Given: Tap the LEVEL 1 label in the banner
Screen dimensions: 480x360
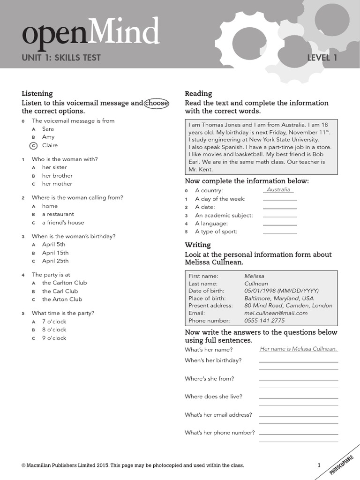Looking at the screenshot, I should [x=322, y=58].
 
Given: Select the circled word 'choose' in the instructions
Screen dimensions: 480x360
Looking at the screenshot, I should [x=157, y=103].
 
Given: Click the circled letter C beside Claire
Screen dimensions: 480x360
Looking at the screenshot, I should [x=33, y=146].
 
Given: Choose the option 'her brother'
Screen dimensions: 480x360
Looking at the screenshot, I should [x=57, y=176].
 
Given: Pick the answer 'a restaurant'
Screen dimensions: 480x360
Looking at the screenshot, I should [x=58, y=214].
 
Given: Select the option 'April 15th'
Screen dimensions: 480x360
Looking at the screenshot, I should [x=55, y=253].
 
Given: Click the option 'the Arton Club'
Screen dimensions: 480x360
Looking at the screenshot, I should [x=62, y=299].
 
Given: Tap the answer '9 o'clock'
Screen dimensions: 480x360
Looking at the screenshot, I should [x=54, y=338].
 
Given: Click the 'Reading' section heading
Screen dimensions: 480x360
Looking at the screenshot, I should [x=198, y=93].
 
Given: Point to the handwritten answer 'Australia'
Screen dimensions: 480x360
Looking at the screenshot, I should [x=278, y=190].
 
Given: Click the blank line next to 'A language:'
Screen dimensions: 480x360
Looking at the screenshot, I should [x=280, y=225].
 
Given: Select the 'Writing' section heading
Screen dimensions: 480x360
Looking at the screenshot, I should [x=198, y=245].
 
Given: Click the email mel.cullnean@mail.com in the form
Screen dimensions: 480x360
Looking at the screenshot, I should [x=276, y=313].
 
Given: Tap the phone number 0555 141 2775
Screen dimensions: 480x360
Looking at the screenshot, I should [x=264, y=321].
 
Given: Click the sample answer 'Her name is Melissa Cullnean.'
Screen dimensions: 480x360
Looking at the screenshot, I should [x=298, y=349].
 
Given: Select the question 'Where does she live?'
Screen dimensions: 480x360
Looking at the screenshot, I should [x=213, y=397].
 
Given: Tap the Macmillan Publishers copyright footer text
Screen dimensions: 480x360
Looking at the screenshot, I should [x=133, y=465].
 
